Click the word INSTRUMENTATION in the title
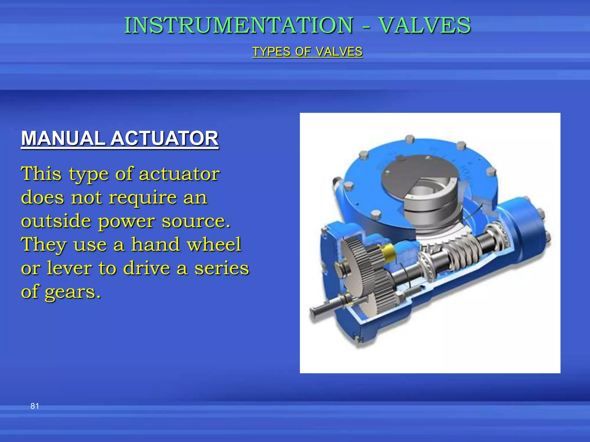tap(239, 25)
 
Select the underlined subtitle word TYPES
tap(271, 52)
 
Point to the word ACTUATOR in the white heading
tap(164, 138)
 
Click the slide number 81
tap(35, 406)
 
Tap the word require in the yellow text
tap(143, 198)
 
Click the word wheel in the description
tap(214, 244)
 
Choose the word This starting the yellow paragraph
tap(41, 174)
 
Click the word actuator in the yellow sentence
tap(179, 174)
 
